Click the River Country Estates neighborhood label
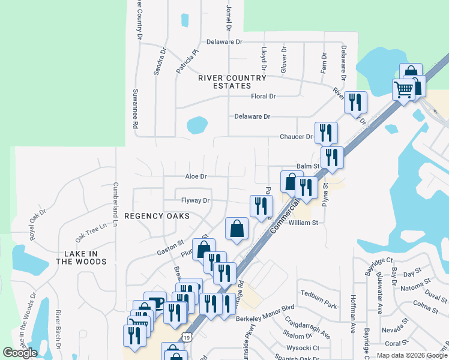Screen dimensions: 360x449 click(x=232, y=82)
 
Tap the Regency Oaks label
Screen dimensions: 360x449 click(x=157, y=215)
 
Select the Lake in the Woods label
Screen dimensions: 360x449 click(x=82, y=257)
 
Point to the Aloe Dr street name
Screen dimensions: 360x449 click(x=196, y=176)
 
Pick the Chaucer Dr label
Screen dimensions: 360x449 click(x=297, y=137)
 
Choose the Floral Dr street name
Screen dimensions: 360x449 click(x=263, y=96)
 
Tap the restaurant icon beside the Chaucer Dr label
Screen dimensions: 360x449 click(x=326, y=132)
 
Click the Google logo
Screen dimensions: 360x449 click(x=20, y=353)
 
